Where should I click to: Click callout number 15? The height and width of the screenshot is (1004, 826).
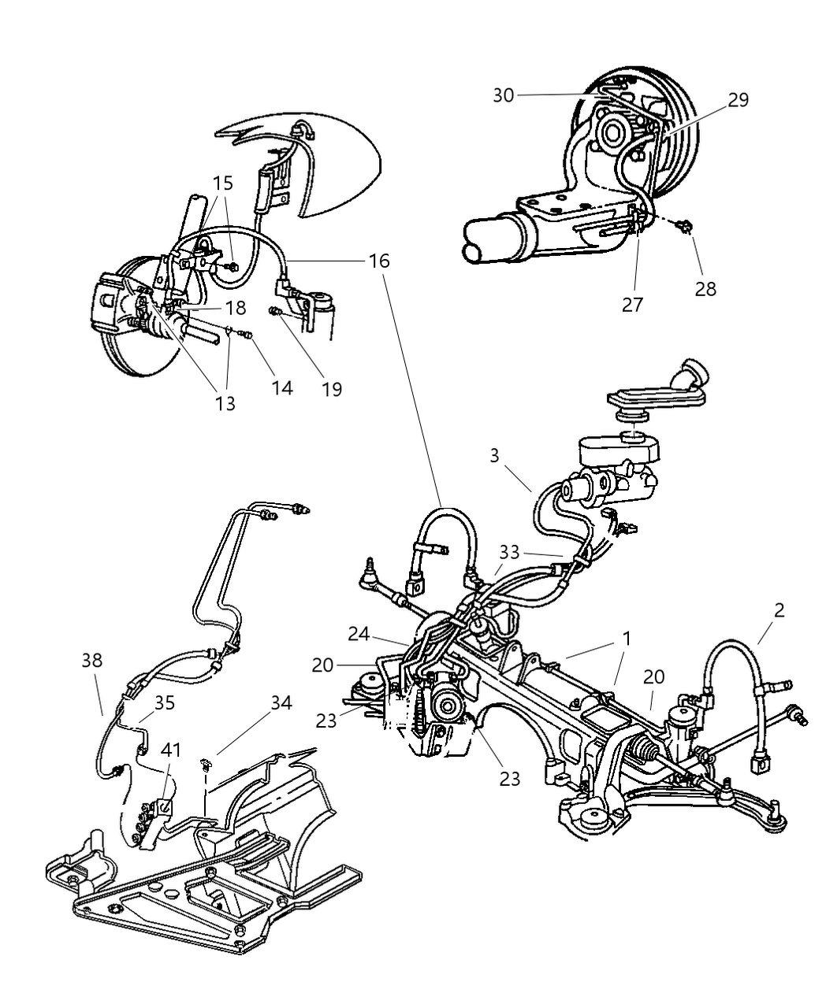[x=223, y=183]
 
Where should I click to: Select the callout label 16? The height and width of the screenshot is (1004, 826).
[x=379, y=260]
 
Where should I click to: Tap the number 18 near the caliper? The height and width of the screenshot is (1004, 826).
[x=235, y=307]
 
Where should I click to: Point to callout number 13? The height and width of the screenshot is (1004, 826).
[x=225, y=403]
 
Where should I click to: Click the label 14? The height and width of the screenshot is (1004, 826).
[x=281, y=387]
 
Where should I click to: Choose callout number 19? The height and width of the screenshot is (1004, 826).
[x=332, y=389]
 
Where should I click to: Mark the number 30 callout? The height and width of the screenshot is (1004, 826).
[x=504, y=95]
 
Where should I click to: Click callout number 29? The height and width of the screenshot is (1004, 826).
[x=738, y=100]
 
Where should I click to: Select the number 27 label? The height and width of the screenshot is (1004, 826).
[x=632, y=305]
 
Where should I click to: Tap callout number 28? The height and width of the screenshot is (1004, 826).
[x=705, y=288]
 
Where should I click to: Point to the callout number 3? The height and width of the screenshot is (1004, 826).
[x=494, y=456]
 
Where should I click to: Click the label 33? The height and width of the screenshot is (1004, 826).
[x=510, y=551]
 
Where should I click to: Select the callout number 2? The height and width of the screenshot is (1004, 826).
[x=779, y=609]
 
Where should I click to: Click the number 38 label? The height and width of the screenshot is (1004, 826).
[x=92, y=660]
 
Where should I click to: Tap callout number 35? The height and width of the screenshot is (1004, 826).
[x=164, y=702]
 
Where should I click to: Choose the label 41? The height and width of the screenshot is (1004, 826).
[x=171, y=750]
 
